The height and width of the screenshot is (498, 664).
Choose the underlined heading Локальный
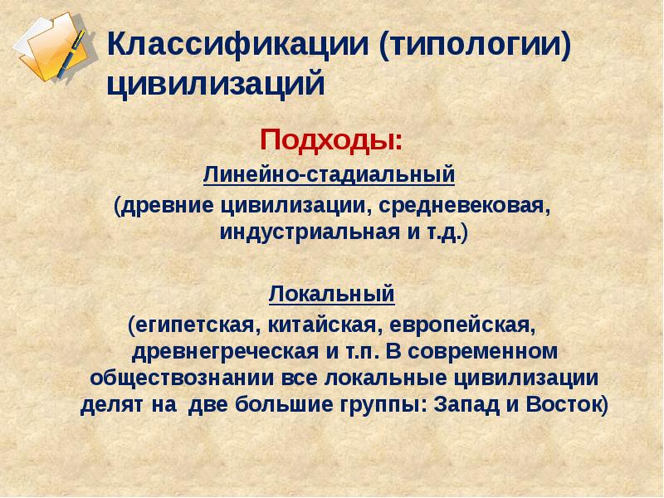(331, 294)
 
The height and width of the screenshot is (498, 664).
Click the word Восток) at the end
(567, 406)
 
